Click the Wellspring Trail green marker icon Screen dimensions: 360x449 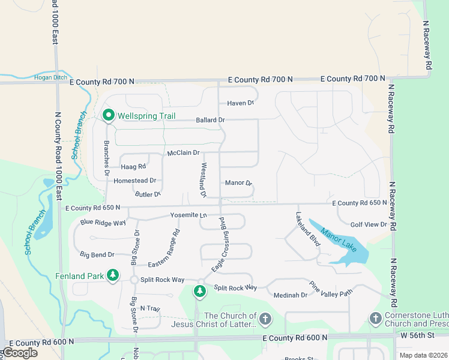[x=109, y=115]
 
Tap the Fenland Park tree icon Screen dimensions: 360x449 [x=112, y=275]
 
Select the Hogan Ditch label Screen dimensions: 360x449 [x=50, y=77]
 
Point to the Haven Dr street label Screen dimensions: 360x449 [x=241, y=103]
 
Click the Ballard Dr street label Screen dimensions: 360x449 [x=210, y=120]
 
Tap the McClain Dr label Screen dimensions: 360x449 [x=183, y=153]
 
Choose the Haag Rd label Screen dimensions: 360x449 [x=133, y=166]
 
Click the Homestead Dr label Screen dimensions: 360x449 [x=134, y=180]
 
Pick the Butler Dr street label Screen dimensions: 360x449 [x=148, y=194]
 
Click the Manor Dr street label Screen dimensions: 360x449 [x=238, y=182]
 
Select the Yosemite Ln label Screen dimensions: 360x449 [x=188, y=215]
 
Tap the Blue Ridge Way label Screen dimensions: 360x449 [x=103, y=222]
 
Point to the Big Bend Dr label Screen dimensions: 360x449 [x=97, y=255]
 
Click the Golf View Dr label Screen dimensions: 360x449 [x=369, y=224]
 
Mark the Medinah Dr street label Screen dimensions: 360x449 [x=290, y=295]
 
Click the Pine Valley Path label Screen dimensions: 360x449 [x=331, y=289]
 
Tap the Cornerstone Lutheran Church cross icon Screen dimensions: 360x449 [x=375, y=317]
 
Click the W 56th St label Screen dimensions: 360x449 [x=417, y=334]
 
